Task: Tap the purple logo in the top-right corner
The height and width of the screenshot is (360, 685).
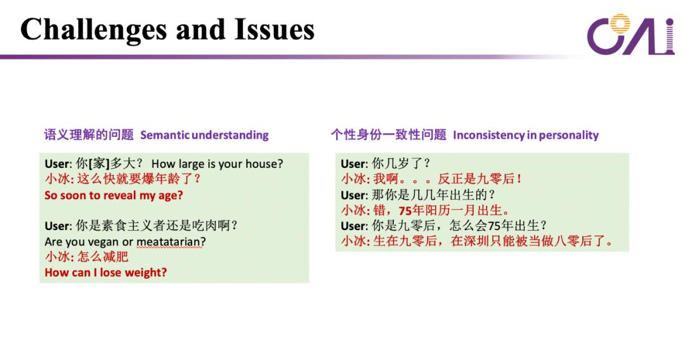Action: (x=630, y=34)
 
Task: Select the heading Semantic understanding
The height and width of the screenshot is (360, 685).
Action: (x=204, y=135)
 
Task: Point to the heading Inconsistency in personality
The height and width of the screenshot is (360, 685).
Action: (x=526, y=135)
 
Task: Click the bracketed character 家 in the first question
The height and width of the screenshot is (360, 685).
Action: (x=99, y=164)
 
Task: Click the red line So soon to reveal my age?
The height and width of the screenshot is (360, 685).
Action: (x=114, y=195)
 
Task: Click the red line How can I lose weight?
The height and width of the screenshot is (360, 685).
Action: (x=106, y=273)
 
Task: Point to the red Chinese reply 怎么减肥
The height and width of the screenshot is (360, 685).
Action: (x=103, y=257)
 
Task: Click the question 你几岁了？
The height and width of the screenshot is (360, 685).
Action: (x=401, y=164)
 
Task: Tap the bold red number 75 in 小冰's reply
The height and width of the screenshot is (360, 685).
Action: (x=405, y=211)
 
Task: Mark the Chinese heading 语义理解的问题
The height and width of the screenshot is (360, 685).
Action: (x=89, y=134)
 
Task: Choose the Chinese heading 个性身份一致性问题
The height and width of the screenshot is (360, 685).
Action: (x=388, y=134)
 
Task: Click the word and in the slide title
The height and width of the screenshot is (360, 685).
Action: (x=200, y=29)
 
